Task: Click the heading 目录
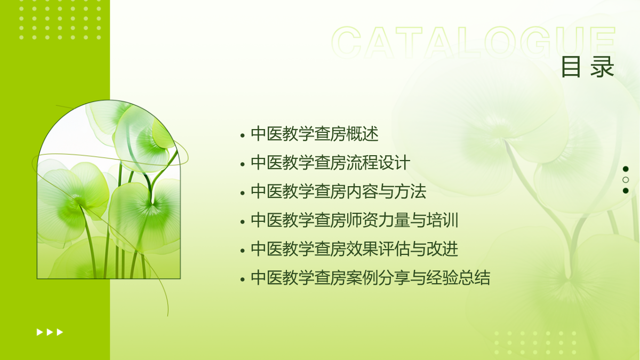tap(587, 67)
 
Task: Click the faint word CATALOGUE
tap(474, 42)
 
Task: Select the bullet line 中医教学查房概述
tap(315, 134)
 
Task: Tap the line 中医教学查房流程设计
tap(331, 163)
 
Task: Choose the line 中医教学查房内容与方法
tap(339, 191)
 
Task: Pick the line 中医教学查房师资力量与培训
tap(355, 220)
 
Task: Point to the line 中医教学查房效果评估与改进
tap(355, 249)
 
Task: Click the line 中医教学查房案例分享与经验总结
tap(371, 278)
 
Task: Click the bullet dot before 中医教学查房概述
tap(243, 135)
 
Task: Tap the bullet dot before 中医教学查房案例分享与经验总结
tap(243, 279)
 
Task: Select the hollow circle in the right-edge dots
tap(626, 180)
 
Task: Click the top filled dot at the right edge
tap(626, 169)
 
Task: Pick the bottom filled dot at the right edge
tap(626, 190)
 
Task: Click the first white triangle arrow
tap(39, 332)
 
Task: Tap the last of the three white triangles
tap(60, 332)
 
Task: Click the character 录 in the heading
tap(602, 67)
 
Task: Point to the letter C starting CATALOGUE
tap(346, 42)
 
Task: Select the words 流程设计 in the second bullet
tap(379, 163)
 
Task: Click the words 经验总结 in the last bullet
tap(459, 278)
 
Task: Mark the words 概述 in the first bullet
tap(363, 134)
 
